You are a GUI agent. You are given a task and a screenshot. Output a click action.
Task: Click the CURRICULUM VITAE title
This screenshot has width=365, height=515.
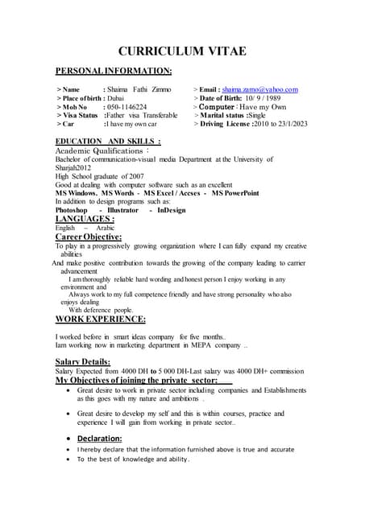point(182,51)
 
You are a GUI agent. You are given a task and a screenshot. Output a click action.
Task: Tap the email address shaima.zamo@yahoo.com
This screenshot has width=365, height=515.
point(260,89)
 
